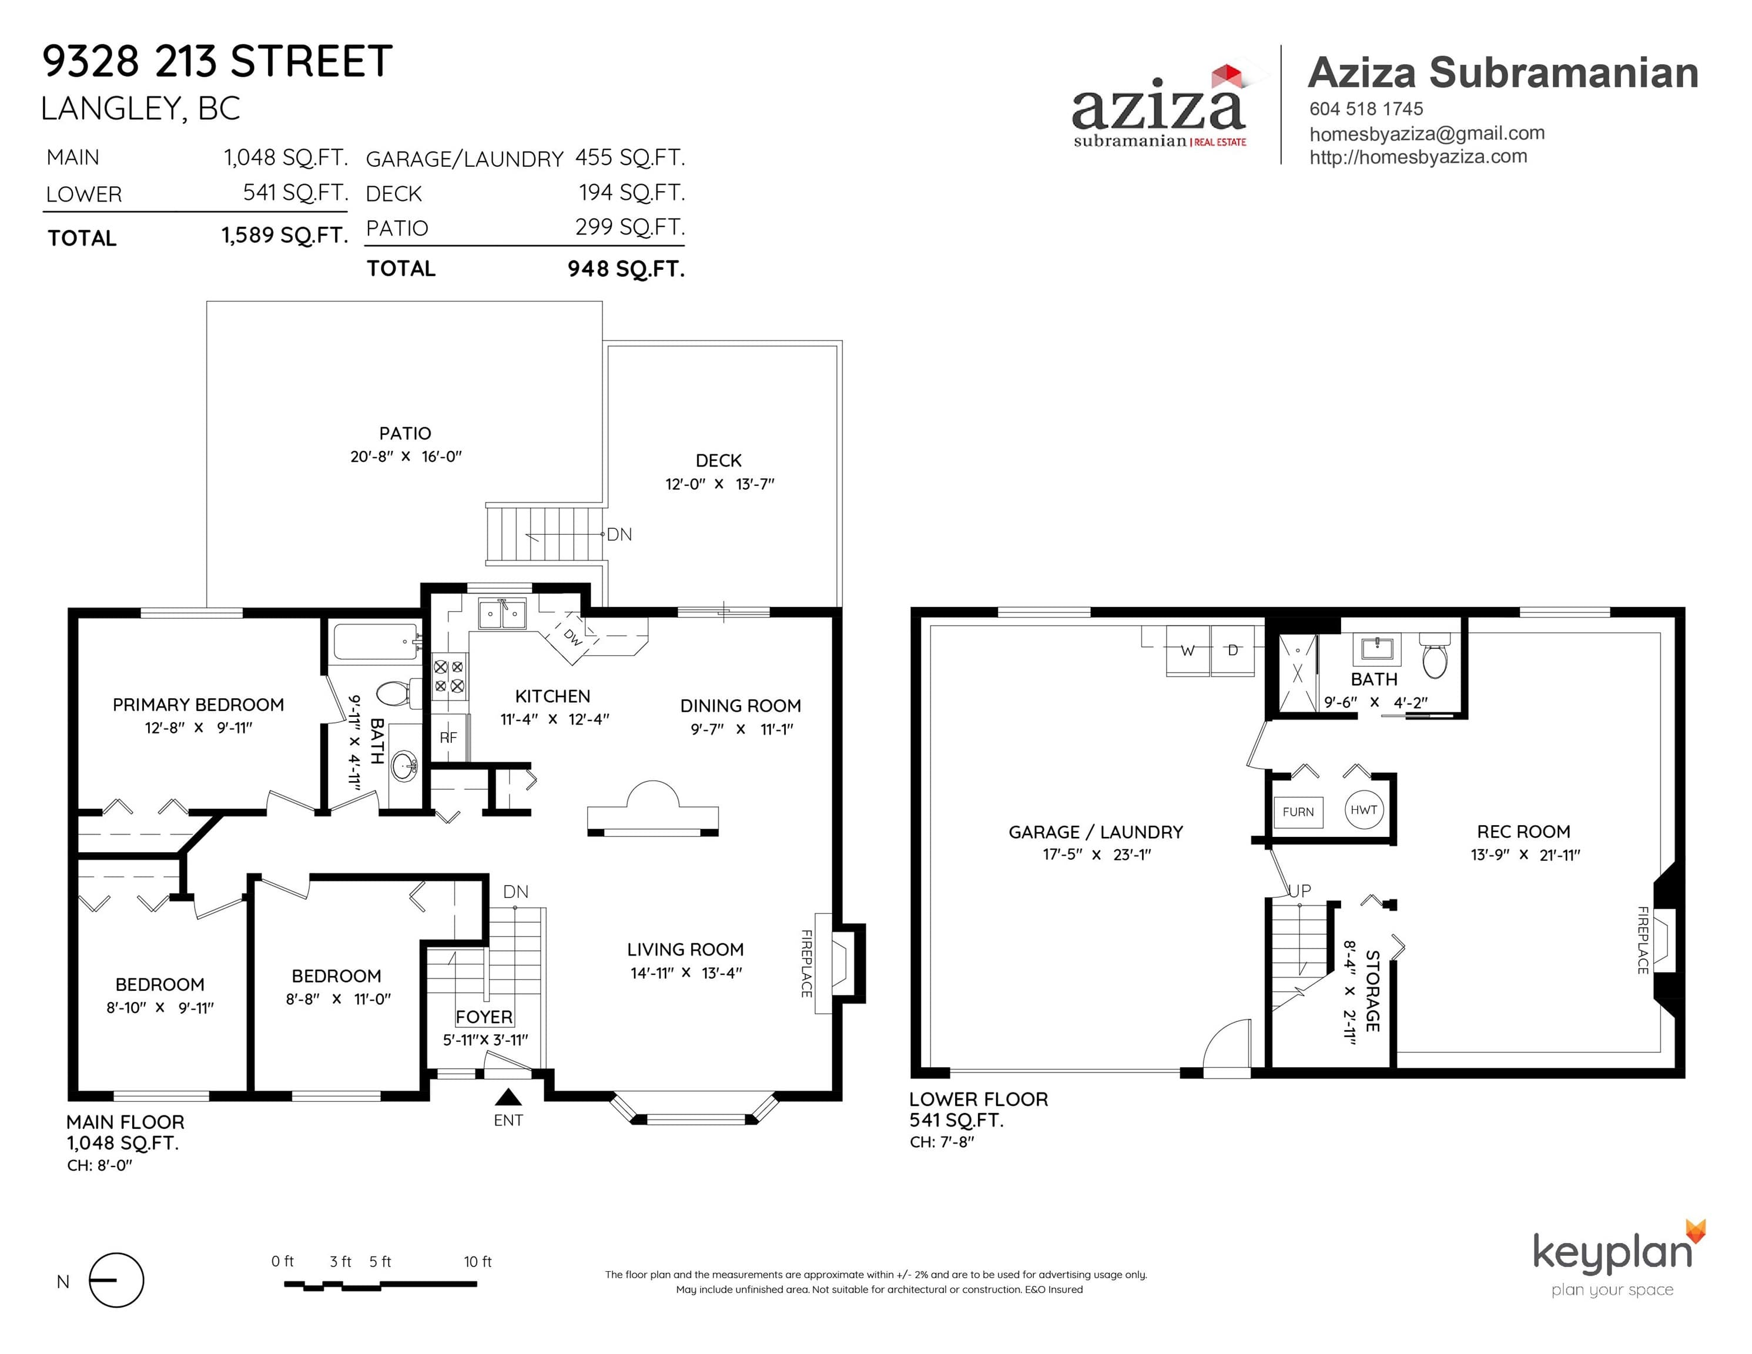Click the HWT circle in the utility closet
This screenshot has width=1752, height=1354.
[1363, 810]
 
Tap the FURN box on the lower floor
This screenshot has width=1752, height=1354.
[1298, 812]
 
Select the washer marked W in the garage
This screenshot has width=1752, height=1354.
[1187, 651]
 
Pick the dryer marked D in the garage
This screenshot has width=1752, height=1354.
[1233, 651]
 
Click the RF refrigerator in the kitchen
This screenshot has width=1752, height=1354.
[448, 737]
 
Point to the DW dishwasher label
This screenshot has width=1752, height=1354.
[572, 637]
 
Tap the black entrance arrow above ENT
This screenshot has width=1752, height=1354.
[508, 1097]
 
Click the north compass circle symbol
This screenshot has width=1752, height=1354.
[116, 1280]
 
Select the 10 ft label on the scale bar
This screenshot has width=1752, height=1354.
[477, 1262]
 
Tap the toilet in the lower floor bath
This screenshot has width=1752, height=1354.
[1435, 656]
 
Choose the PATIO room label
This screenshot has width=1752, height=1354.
[405, 433]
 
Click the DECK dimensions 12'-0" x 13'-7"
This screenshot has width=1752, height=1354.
[719, 484]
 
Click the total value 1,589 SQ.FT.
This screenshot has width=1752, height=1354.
[285, 235]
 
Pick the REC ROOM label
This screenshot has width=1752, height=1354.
[1523, 832]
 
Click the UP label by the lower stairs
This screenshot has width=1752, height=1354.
[1299, 890]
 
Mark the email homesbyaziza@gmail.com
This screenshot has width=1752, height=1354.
[1427, 133]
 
